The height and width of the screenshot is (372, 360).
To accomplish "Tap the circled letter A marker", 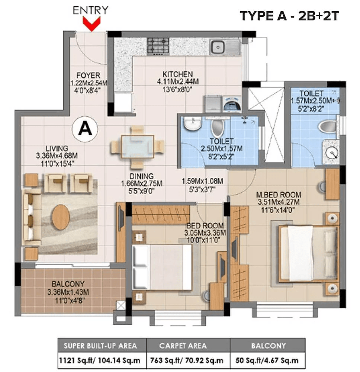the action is pyautogui.click(x=85, y=129).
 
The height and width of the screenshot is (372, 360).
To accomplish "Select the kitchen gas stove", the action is pyautogui.click(x=158, y=46).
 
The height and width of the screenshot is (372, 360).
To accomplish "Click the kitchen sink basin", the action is pyautogui.click(x=218, y=47).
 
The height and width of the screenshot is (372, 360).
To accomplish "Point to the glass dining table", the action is pyautogui.click(x=138, y=147).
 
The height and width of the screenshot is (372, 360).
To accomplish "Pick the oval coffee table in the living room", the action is pyautogui.click(x=61, y=217).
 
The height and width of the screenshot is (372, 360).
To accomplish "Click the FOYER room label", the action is pyautogui.click(x=88, y=75).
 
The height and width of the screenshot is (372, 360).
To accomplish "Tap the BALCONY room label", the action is pyautogui.click(x=68, y=284).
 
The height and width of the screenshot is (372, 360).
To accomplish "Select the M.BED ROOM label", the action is pyautogui.click(x=279, y=195).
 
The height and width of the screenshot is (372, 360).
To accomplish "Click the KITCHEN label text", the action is pyautogui.click(x=178, y=74).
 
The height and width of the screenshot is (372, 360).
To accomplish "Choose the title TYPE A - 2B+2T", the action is pyautogui.click(x=289, y=16).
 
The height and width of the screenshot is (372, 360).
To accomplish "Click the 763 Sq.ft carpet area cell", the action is pyautogui.click(x=187, y=360).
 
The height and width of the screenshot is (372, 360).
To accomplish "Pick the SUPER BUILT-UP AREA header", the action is pyautogui.click(x=100, y=346).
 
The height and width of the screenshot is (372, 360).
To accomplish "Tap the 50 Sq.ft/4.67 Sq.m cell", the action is pyautogui.click(x=267, y=360).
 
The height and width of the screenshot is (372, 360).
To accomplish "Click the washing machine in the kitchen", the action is pyautogui.click(x=232, y=104).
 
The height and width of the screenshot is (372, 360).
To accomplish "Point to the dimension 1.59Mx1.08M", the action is pyautogui.click(x=202, y=181).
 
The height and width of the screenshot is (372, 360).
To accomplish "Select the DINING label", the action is pyautogui.click(x=142, y=176).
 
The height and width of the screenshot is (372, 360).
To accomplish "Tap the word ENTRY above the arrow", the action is pyautogui.click(x=90, y=10).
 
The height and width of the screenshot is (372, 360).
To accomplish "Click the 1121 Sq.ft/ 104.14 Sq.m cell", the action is pyautogui.click(x=100, y=360).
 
